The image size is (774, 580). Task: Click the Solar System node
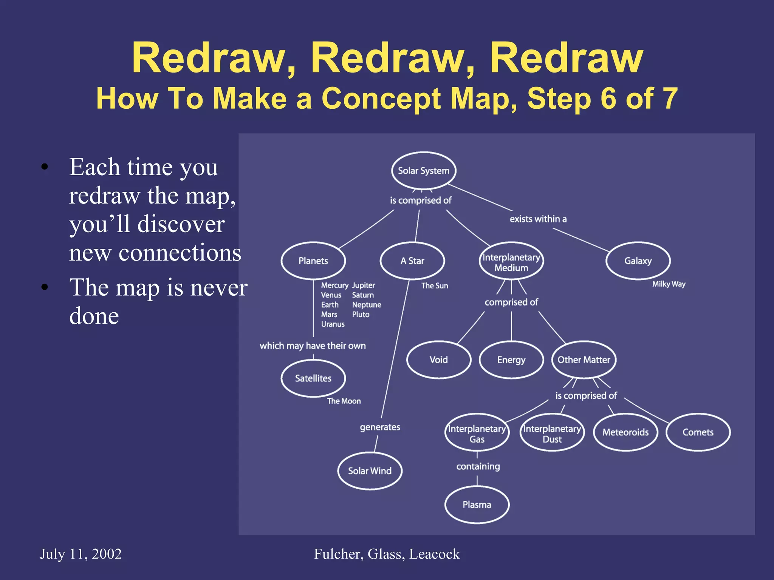click(x=424, y=171)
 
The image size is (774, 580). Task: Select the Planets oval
click(x=313, y=261)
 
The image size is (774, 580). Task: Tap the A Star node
click(x=412, y=261)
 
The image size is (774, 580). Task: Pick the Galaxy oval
click(x=638, y=261)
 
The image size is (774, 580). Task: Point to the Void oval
click(x=439, y=360)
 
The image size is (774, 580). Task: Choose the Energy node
click(x=511, y=360)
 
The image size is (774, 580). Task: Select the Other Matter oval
click(x=584, y=360)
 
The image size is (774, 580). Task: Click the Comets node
click(x=698, y=432)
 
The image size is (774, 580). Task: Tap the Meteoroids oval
click(x=625, y=432)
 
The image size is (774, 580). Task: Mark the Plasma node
click(x=477, y=505)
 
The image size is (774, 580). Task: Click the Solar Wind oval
click(x=370, y=471)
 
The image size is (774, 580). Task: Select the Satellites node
click(x=313, y=378)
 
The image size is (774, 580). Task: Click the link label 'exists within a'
click(x=538, y=219)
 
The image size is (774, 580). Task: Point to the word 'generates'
click(x=380, y=427)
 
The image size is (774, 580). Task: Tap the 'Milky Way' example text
click(x=669, y=284)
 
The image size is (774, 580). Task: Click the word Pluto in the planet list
click(x=361, y=314)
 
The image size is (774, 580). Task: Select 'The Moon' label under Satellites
click(x=344, y=401)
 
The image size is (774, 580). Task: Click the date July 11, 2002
click(x=81, y=554)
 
